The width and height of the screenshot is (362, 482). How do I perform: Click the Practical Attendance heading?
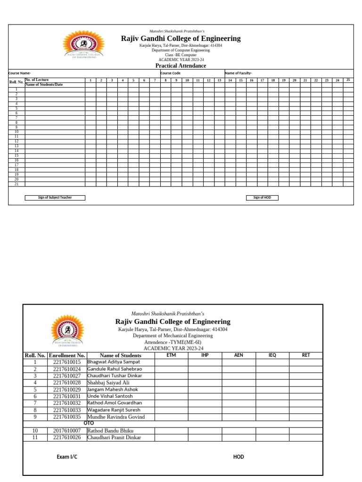click(181, 66)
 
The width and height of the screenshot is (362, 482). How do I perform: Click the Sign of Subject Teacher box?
click(55, 198)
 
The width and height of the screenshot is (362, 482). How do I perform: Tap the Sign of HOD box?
click(262, 198)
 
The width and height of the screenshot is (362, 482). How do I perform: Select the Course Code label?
click(171, 73)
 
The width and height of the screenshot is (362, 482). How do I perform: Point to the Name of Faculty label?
click(238, 73)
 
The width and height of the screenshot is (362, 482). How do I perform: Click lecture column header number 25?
click(348, 80)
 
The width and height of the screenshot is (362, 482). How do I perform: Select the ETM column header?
click(171, 355)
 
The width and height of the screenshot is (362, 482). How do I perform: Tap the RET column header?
click(306, 355)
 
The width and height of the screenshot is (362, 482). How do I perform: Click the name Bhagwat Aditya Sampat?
click(113, 362)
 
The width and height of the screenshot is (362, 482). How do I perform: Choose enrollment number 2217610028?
click(67, 383)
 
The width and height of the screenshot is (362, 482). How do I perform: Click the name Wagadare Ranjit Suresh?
click(115, 410)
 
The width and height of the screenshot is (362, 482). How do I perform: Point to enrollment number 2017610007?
click(67, 431)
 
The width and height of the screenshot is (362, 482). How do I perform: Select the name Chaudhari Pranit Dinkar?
click(114, 437)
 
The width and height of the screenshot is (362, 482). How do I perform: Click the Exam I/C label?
click(67, 457)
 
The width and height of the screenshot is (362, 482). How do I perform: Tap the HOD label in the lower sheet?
click(239, 457)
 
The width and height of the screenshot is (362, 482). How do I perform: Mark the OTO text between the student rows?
click(89, 423)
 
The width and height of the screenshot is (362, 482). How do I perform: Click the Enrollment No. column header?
click(67, 355)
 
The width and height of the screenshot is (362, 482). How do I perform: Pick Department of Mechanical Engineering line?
click(173, 336)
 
